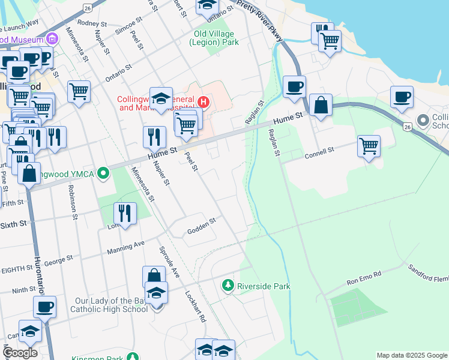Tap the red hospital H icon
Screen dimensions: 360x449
(x=203, y=102)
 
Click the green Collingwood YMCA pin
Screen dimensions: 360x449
(x=104, y=174)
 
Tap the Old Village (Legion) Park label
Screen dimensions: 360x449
(x=214, y=38)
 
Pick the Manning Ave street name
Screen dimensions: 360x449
(x=126, y=247)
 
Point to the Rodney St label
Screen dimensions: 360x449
(x=91, y=23)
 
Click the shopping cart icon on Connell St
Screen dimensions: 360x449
(x=369, y=145)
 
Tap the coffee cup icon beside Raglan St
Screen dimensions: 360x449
(x=294, y=86)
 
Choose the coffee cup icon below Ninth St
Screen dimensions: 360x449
(x=44, y=307)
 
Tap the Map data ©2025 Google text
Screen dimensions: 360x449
(x=412, y=355)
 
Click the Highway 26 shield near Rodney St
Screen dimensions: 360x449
(x=88, y=8)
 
